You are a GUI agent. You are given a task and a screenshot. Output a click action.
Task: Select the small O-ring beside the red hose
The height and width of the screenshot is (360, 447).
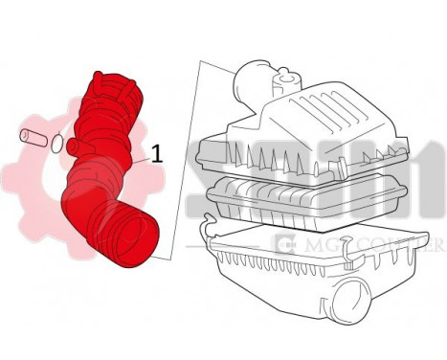coord(59,144)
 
